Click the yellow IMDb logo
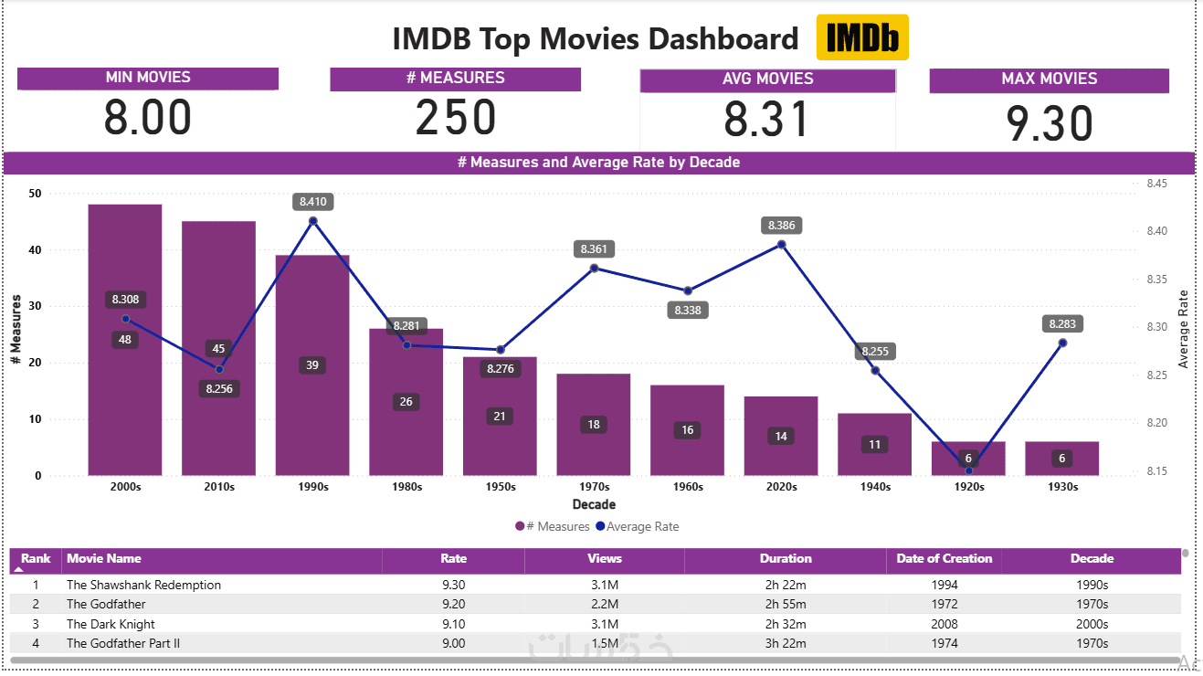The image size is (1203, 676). point(861,37)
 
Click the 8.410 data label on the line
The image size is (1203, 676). point(313,201)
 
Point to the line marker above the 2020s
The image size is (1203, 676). point(782,244)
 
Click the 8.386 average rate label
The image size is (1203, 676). point(782,225)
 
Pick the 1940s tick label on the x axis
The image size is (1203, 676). point(875,487)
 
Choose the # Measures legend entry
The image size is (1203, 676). point(553,526)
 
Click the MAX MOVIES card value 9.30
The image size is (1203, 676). point(1049,124)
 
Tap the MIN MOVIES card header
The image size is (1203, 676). point(148,78)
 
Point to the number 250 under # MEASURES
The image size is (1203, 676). point(455,118)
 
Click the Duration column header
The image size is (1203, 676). point(786,559)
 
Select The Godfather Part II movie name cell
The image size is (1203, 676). point(123,643)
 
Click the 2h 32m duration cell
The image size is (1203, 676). point(786,624)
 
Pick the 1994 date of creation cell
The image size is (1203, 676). point(944,585)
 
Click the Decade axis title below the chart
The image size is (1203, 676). point(594,504)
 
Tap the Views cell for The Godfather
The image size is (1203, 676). point(605,604)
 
